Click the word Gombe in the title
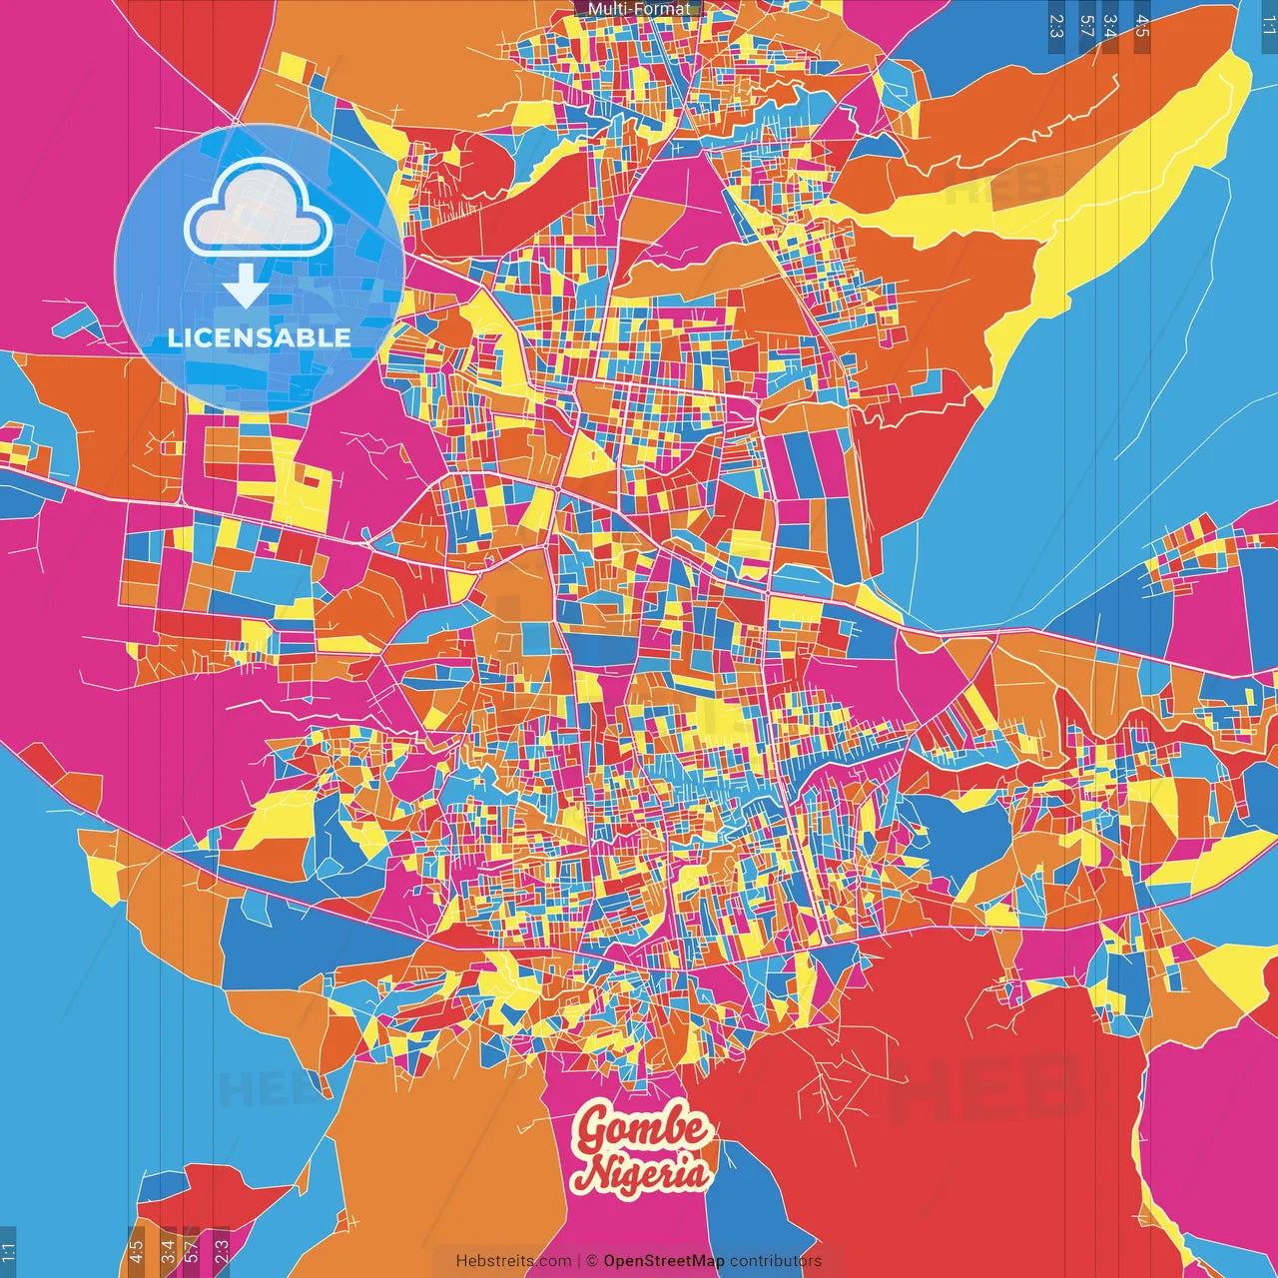pyautogui.click(x=643, y=1130)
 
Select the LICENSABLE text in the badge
pyautogui.click(x=259, y=337)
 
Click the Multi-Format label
pyautogui.click(x=638, y=9)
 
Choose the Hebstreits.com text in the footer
pyautogui.click(x=513, y=1261)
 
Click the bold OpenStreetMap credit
pyautogui.click(x=663, y=1261)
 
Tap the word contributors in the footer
pyautogui.click(x=776, y=1261)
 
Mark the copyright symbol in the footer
pyautogui.click(x=591, y=1261)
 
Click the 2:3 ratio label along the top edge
pyautogui.click(x=1055, y=26)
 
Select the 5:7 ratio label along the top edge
pyautogui.click(x=1087, y=26)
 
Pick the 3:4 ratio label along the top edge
pyautogui.click(x=1109, y=26)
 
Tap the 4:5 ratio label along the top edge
pyautogui.click(x=1142, y=26)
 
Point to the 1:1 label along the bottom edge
pyautogui.click(x=9, y=1251)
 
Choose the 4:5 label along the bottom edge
pyautogui.click(x=136, y=1251)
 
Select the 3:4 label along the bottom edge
pyautogui.click(x=168, y=1251)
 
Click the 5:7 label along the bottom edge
pyautogui.click(x=191, y=1251)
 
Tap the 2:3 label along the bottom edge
pyautogui.click(x=222, y=1251)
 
